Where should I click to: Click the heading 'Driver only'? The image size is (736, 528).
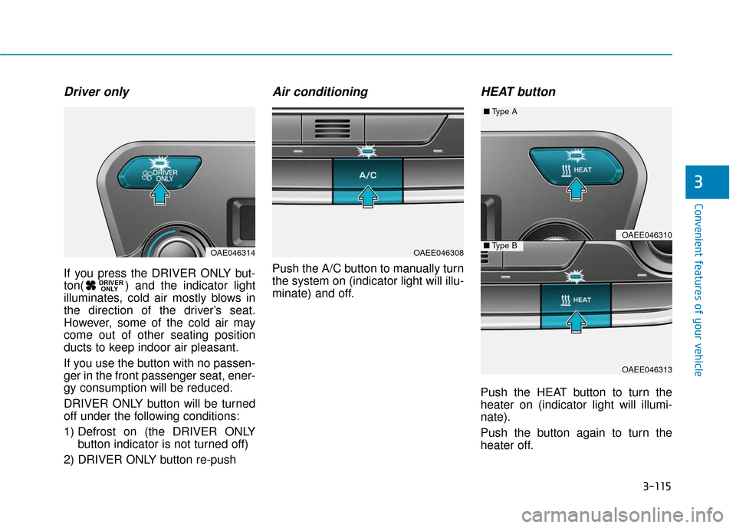97,92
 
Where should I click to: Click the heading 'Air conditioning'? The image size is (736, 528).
320,92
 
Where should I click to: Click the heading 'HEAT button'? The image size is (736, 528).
517,92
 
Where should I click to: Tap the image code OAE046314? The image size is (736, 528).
232,252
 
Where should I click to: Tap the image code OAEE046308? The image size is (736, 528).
438,252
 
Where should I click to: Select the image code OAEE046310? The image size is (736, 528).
646,234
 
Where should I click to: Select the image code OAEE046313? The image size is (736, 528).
646,369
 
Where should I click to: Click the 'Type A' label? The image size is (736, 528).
503,112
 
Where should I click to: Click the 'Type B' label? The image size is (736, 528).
503,246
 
